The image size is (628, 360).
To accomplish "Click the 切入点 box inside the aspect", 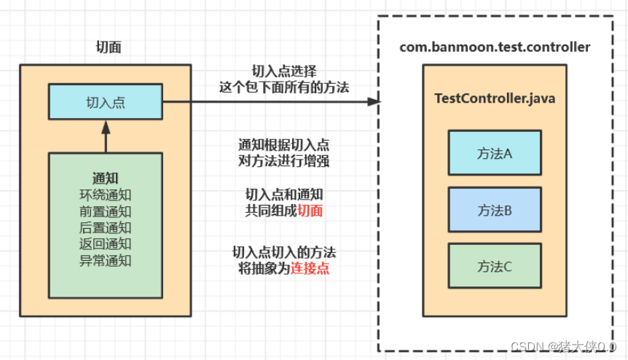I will pyautogui.click(x=106, y=102).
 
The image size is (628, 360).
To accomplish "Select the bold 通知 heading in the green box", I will pyautogui.click(x=106, y=178).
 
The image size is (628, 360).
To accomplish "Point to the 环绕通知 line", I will pyautogui.click(x=106, y=195).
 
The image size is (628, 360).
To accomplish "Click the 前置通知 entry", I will pyautogui.click(x=106, y=211).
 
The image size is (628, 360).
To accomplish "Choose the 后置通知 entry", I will pyautogui.click(x=106, y=227).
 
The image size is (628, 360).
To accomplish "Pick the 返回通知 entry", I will pyautogui.click(x=106, y=243).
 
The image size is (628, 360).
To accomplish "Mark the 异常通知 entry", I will pyautogui.click(x=106, y=259).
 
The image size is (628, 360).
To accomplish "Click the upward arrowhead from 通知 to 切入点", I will pyautogui.click(x=106, y=125).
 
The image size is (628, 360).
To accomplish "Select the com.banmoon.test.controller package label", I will pyautogui.click(x=495, y=47).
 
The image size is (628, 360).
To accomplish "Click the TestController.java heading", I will pyautogui.click(x=495, y=98).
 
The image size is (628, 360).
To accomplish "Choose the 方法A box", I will pyautogui.click(x=495, y=153).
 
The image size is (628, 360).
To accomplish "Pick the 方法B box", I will pyautogui.click(x=495, y=210).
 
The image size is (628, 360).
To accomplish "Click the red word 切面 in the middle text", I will pyautogui.click(x=310, y=211).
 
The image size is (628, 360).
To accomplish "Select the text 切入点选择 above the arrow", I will pyautogui.click(x=284, y=71).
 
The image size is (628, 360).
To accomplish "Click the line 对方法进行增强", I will pyautogui.click(x=284, y=160).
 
